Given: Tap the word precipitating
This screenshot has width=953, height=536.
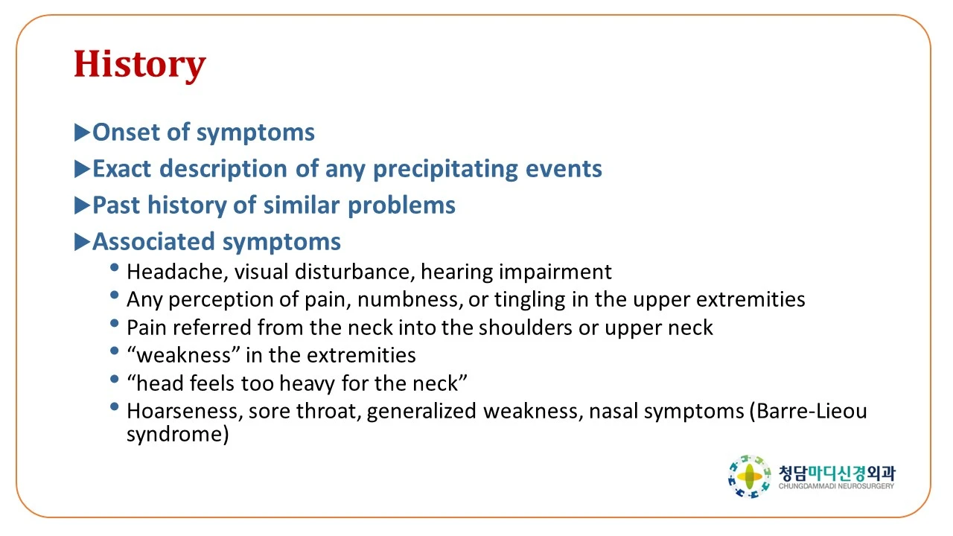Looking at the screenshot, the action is click(445, 169).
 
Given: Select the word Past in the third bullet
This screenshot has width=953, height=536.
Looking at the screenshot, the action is click(116, 205).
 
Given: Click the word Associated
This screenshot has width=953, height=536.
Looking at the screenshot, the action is click(153, 242).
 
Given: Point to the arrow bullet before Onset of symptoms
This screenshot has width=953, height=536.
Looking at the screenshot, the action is click(82, 133).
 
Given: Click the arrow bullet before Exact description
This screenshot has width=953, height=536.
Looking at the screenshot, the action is click(82, 169).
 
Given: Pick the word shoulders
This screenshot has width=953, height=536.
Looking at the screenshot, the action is click(526, 328).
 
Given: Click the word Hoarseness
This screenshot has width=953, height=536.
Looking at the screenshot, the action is click(185, 412).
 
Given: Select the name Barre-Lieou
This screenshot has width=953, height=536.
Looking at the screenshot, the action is click(812, 412).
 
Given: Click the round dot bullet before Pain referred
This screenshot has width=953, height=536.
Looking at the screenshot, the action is click(114, 323).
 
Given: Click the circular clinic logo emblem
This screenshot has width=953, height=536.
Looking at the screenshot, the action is click(749, 476).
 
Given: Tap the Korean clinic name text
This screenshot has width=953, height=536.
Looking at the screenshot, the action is click(837, 473).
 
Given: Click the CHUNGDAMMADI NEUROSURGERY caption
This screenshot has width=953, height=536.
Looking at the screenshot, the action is click(836, 486).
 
